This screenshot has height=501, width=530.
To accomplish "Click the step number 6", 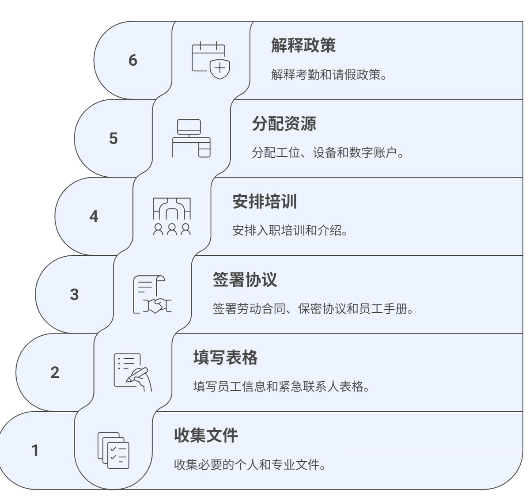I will tap(133, 60).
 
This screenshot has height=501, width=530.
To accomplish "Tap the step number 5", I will tap(114, 138).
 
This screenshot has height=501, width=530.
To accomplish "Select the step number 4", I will tap(94, 216).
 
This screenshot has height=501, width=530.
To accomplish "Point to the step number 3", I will tap(74, 294).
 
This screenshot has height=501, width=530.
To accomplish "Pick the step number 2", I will tap(55, 372).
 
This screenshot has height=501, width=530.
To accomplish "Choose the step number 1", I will tap(35, 451).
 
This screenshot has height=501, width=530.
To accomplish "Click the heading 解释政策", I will tap(303, 45).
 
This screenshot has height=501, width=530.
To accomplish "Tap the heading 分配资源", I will tap(284, 123).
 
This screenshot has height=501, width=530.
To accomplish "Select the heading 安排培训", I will tap(265, 201).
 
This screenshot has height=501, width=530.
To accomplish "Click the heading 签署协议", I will tap(245, 280).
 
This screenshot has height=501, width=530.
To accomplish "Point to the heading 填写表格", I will tap(225, 357).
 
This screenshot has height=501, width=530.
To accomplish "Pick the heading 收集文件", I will tap(206, 436).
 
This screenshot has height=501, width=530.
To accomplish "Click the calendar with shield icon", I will tap(211, 61).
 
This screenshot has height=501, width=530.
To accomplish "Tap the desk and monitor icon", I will tap(191, 138).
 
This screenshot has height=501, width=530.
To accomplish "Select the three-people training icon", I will tap(172, 216).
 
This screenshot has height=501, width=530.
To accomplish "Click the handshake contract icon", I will tap(152, 295).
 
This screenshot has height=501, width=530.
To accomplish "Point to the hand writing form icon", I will tap(132, 372).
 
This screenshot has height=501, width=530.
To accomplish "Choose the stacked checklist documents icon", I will tap(113, 451).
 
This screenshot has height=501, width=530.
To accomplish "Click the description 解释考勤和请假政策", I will tap(329, 75).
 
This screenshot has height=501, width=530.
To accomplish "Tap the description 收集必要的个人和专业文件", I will tap(250, 465).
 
